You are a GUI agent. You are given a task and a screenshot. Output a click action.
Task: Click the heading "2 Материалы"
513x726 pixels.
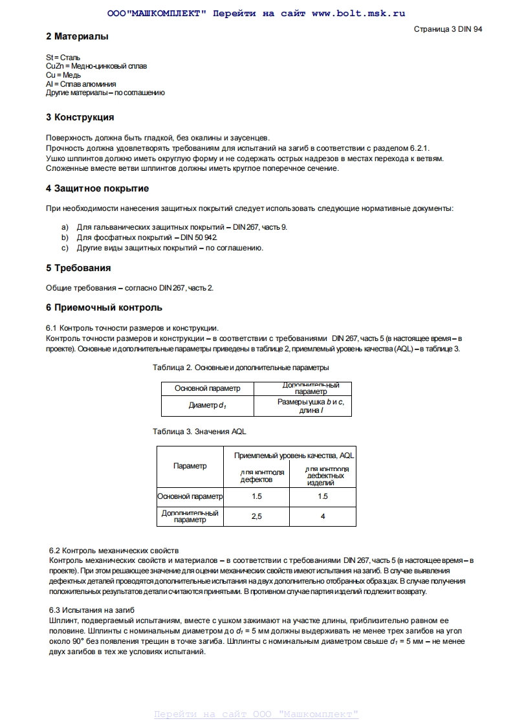pos(77,37)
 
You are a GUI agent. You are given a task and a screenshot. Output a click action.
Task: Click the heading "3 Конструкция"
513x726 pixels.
pos(80,117)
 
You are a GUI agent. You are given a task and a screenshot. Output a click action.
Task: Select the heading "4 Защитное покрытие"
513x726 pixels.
pos(97,188)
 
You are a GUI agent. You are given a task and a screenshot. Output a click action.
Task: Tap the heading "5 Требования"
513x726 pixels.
pos(78,268)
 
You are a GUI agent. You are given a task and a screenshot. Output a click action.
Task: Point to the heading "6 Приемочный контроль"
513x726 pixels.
pos(104,307)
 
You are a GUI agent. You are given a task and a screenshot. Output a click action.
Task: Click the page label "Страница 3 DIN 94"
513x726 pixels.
pos(448,29)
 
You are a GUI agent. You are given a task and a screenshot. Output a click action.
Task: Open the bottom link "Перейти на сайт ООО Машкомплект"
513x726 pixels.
pos(256,714)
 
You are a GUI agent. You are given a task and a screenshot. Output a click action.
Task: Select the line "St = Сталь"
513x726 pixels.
pos(63,58)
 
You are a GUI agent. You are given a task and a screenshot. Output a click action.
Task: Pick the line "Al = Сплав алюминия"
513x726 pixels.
pos(81,84)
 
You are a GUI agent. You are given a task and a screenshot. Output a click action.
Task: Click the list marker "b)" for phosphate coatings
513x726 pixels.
pos(65,237)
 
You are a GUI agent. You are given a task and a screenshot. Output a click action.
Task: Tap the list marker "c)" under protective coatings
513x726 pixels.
pos(65,248)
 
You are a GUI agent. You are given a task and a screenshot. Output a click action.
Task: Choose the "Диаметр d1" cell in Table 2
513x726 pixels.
pos(207,406)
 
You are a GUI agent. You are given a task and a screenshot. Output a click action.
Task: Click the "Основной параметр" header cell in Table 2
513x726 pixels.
pos(207,388)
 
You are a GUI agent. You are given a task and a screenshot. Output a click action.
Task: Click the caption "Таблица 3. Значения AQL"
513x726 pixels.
pos(199,431)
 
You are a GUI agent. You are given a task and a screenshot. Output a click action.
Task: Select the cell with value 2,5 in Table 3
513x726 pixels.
pos(256,516)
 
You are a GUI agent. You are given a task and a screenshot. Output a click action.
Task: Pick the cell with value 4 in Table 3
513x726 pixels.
pos(322,516)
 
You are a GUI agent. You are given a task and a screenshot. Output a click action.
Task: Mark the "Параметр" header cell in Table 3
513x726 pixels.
pos(190,466)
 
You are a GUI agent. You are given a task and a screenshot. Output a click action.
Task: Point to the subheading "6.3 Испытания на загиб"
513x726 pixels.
pos(92,610)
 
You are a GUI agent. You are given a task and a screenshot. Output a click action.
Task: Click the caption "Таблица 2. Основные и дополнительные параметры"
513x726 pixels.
pos(241,368)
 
